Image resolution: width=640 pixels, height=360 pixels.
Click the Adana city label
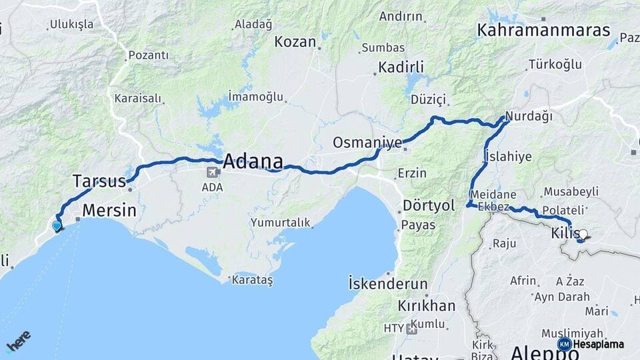(253, 161)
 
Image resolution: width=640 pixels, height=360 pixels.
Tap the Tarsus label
(99, 181)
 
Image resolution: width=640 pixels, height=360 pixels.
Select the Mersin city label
(109, 211)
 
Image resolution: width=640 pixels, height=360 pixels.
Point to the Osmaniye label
(367, 143)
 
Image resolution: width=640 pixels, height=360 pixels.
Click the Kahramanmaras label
(543, 30)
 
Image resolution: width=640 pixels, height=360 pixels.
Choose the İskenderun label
(388, 283)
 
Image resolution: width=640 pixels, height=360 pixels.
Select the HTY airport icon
(411, 328)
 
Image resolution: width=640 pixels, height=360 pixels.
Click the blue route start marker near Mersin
(57, 226)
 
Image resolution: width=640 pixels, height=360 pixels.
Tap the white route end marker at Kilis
(583, 235)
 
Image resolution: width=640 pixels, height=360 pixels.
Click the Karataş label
(252, 280)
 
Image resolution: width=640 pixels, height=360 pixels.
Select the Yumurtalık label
(280, 223)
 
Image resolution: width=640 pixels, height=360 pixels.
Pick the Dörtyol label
(429, 205)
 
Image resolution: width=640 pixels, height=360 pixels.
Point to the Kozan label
(295, 42)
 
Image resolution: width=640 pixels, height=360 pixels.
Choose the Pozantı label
(148, 55)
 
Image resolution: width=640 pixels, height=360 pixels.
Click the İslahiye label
(509, 157)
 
